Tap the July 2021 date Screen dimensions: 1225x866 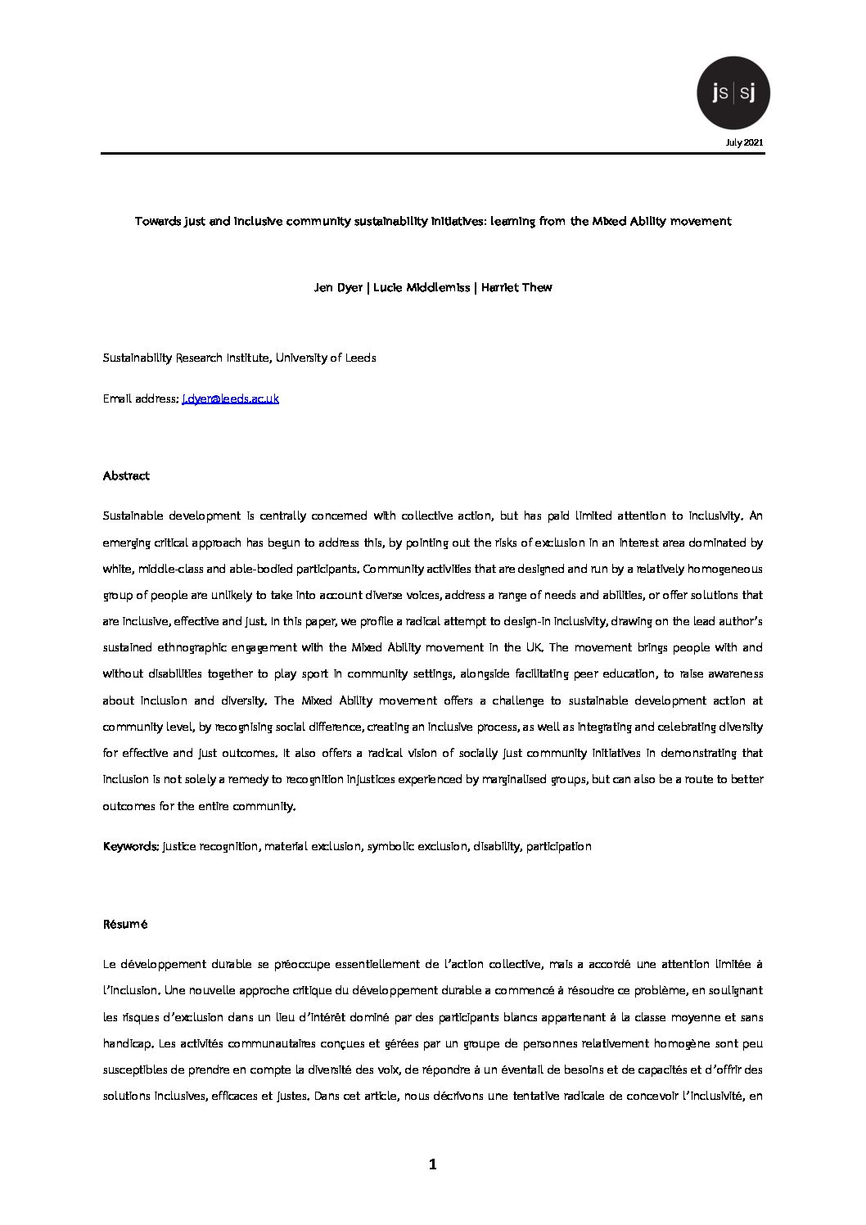[745, 142]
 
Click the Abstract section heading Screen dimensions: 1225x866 [126, 475]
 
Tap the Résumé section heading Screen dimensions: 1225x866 [125, 924]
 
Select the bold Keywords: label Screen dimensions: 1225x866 [131, 846]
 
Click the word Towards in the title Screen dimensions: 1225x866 [159, 221]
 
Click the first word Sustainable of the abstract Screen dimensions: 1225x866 [132, 516]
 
